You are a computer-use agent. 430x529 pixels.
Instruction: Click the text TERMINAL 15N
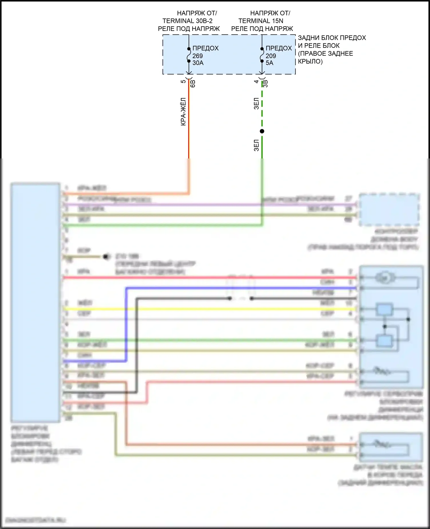pyautogui.click(x=261, y=21)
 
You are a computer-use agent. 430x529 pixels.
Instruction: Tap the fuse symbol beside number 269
pyautogui.click(x=189, y=55)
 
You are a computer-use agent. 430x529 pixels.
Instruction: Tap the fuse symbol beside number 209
pyautogui.click(x=262, y=55)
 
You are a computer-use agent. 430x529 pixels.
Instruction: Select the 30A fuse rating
pyautogui.click(x=198, y=63)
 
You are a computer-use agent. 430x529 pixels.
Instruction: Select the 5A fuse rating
pyautogui.click(x=269, y=63)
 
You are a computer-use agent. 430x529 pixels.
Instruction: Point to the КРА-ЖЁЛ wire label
pyautogui.click(x=183, y=112)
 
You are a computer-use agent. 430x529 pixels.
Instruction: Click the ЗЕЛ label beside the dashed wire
pyautogui.click(x=257, y=104)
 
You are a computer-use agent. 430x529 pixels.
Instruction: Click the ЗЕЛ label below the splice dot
pyautogui.click(x=257, y=145)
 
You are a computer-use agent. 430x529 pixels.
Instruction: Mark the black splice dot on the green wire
pyautogui.click(x=262, y=131)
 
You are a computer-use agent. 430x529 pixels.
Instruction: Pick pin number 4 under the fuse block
pyautogui.click(x=257, y=82)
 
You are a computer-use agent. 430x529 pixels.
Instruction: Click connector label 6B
pyautogui.click(x=193, y=83)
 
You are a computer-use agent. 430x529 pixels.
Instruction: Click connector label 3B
pyautogui.click(x=266, y=83)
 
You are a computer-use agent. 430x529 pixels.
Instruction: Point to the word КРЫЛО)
pyautogui.click(x=310, y=61)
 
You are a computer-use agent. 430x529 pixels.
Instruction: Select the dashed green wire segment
pyautogui.click(x=262, y=109)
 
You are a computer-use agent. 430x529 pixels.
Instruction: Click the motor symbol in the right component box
pyautogui.click(x=385, y=277)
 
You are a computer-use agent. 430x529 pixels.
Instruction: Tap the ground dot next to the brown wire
pyautogui.click(x=107, y=256)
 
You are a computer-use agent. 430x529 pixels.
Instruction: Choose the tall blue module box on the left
pyautogui.click(x=35, y=302)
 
